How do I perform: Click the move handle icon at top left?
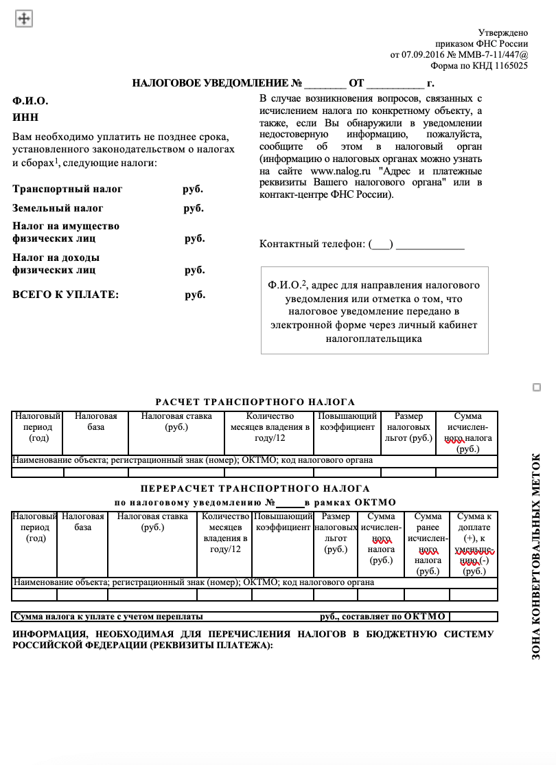click(24, 19)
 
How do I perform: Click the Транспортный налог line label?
click(67, 189)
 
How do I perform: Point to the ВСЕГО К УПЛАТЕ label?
click(66, 295)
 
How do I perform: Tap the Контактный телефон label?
click(312, 244)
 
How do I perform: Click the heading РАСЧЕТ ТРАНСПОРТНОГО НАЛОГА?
click(255, 402)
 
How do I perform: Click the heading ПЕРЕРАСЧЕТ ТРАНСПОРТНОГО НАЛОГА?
click(255, 489)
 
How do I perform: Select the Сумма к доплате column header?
click(474, 543)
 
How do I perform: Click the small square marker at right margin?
click(537, 388)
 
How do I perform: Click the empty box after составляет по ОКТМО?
click(473, 617)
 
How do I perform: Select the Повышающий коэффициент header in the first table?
click(347, 422)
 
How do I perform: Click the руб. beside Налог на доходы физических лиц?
click(195, 271)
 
